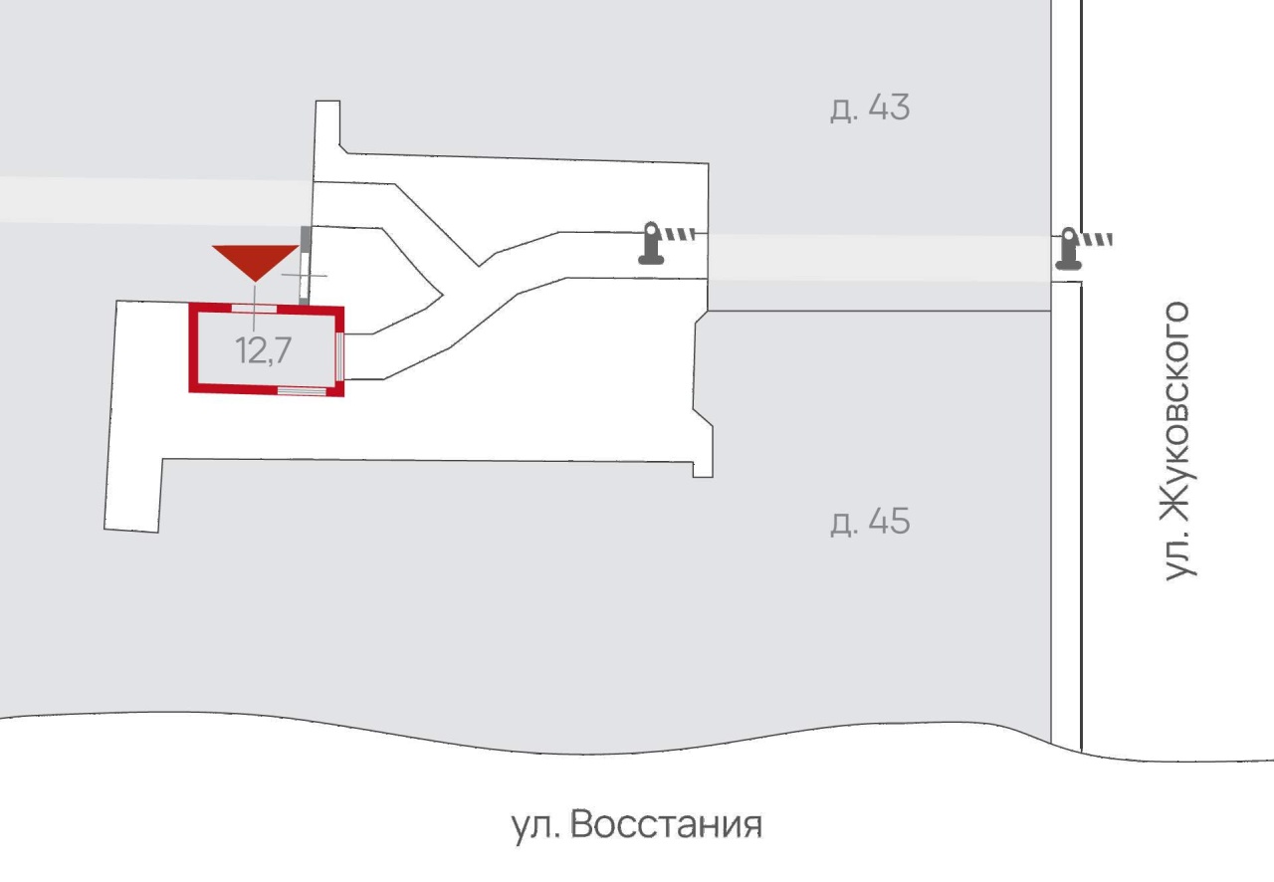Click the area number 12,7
(x=264, y=350)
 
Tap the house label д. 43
(x=870, y=108)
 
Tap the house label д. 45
(x=870, y=522)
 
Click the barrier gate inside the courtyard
(x=667, y=243)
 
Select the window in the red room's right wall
(x=339, y=356)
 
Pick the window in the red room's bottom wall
(x=302, y=390)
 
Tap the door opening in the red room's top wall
(x=254, y=309)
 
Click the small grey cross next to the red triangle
(x=305, y=276)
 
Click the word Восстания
(x=666, y=824)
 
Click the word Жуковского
(x=1178, y=411)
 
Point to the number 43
(x=889, y=107)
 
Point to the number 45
(x=889, y=522)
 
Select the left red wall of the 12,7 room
(x=193, y=348)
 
